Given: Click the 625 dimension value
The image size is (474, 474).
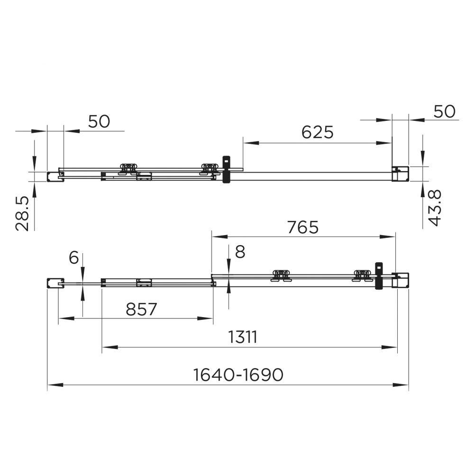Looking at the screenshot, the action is (318, 132).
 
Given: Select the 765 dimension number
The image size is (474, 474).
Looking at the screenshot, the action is (303, 227).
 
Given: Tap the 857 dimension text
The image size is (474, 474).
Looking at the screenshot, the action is (141, 309).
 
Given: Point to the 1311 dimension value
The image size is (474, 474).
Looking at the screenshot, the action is (243, 337).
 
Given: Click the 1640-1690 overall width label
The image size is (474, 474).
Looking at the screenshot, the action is (238, 375).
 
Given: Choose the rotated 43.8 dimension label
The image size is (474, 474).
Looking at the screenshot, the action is (435, 208).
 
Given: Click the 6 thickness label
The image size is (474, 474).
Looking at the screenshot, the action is (74, 258).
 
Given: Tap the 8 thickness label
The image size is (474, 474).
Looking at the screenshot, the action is (240, 252).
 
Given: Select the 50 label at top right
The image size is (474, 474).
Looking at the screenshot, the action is (445, 111).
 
